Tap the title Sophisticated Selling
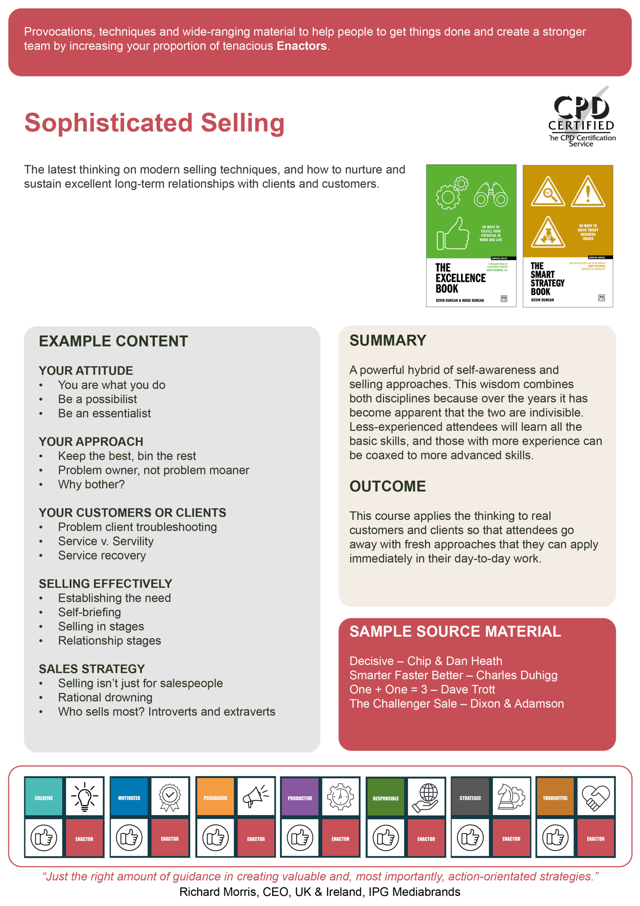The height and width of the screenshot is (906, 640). coord(154,123)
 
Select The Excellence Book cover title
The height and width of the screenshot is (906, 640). coord(460,278)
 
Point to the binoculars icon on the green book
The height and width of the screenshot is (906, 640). coord(490,195)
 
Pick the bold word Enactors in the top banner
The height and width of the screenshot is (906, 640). coord(302,46)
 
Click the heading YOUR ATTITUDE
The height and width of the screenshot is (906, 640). coord(86,371)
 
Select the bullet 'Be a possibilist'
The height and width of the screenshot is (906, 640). coord(97,399)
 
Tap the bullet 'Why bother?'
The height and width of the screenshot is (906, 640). coord(91,484)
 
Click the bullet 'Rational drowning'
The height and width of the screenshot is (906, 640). coord(105,697)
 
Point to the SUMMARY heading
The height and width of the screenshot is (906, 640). coord(388,340)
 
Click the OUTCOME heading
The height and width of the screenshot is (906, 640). coord(387,486)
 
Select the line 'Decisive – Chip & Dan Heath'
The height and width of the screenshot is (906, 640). coord(425,661)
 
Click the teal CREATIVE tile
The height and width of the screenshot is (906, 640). coord(44,798)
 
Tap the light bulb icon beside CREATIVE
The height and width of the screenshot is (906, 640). coord(85,797)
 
